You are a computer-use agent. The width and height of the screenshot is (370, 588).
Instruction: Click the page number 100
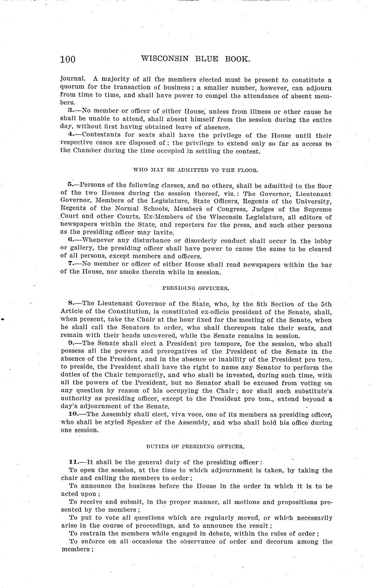[68, 59]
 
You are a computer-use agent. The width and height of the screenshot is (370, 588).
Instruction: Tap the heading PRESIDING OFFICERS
[196, 288]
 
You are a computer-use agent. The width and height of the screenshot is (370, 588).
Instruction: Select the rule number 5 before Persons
[70, 185]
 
